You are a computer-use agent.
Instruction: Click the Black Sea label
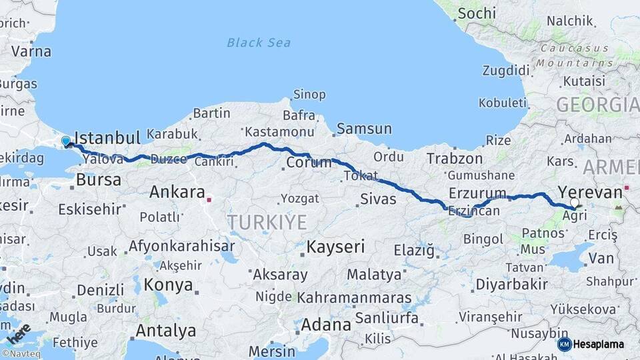259,43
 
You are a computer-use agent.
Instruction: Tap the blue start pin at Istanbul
66,141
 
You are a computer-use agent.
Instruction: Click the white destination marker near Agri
575,202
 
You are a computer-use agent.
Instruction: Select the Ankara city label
177,193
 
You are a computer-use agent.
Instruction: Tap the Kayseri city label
335,247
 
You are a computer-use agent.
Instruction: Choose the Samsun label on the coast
364,129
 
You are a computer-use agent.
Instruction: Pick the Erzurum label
477,193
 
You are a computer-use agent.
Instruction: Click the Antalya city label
165,331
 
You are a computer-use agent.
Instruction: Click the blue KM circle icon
564,345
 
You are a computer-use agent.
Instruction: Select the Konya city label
169,285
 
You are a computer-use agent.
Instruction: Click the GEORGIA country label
597,105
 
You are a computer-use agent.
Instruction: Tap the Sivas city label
378,199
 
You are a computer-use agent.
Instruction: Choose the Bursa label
99,179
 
